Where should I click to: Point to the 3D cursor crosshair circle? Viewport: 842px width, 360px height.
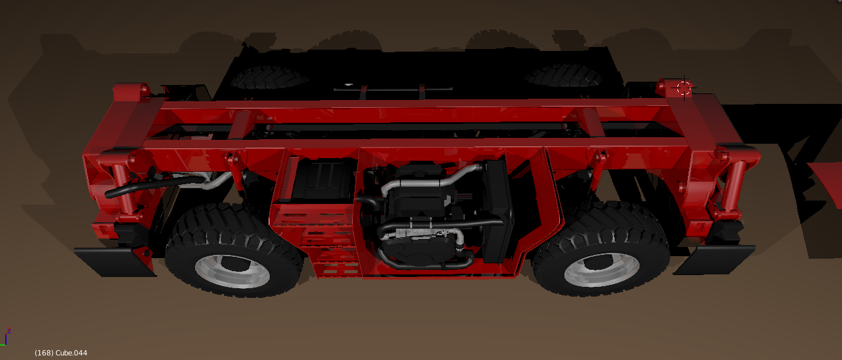click(x=684, y=88)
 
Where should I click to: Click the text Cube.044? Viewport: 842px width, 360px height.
click(x=71, y=353)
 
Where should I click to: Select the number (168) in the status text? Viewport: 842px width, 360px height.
click(x=44, y=353)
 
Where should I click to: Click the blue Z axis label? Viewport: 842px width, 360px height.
click(x=9, y=331)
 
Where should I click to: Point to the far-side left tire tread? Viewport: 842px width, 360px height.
click(x=269, y=77)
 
